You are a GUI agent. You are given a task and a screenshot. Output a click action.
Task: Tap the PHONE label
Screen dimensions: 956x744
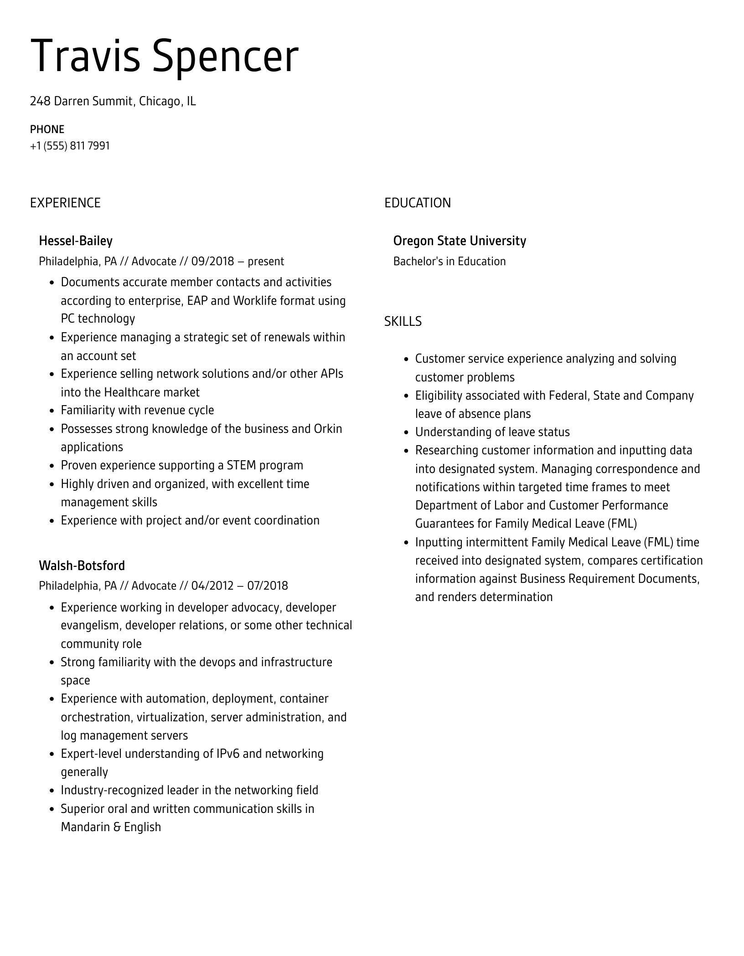point(47,129)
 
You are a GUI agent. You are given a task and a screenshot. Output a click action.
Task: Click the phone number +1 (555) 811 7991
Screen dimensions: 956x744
point(70,146)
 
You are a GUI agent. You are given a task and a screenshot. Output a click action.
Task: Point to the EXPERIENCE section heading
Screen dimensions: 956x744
point(65,203)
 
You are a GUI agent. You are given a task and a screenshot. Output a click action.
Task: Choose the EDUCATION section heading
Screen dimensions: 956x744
point(417,203)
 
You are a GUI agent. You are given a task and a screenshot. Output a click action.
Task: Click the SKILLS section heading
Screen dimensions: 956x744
point(403,322)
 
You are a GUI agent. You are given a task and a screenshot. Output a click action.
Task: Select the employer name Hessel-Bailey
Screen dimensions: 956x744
point(76,241)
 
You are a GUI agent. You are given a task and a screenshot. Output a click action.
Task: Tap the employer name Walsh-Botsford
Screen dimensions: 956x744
point(82,565)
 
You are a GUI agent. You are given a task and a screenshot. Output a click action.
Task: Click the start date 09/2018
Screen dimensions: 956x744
point(212,262)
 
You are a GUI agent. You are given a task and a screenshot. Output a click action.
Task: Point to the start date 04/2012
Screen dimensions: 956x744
point(212,586)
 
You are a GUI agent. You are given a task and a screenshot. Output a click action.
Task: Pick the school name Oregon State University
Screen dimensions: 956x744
point(460,241)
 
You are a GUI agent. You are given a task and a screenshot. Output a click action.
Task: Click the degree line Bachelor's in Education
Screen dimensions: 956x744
point(449,262)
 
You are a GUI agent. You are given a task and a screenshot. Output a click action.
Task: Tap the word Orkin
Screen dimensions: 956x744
point(328,429)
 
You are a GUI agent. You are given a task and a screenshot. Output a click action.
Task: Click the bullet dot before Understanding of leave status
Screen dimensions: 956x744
point(407,432)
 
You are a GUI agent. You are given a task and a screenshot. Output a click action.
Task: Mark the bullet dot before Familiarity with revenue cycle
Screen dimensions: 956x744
point(52,411)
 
